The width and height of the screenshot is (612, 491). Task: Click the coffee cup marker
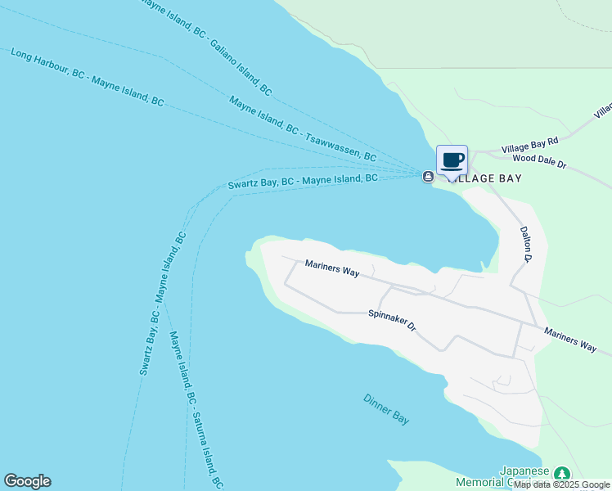pos(452,160)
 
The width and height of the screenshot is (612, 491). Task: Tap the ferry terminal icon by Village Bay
pos(427,177)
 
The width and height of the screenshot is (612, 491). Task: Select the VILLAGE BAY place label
pos(488,178)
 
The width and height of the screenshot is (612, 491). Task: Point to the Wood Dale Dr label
pos(535,160)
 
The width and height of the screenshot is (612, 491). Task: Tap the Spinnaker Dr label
pos(392,319)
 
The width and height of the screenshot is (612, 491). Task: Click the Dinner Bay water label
pos(386,408)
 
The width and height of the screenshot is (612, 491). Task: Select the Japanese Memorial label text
pos(524,476)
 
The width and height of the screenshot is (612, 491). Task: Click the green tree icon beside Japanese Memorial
pos(561,474)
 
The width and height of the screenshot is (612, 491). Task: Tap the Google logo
pos(27,481)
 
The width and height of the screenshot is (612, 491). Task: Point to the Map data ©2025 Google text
pos(561,484)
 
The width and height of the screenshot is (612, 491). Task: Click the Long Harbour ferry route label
pos(87,78)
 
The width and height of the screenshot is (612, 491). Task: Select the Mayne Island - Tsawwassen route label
pos(302,128)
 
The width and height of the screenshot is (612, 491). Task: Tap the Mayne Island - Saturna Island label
pos(196,410)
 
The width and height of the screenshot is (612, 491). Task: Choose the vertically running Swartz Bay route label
pos(162,304)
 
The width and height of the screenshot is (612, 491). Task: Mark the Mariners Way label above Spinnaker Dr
pos(332,269)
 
